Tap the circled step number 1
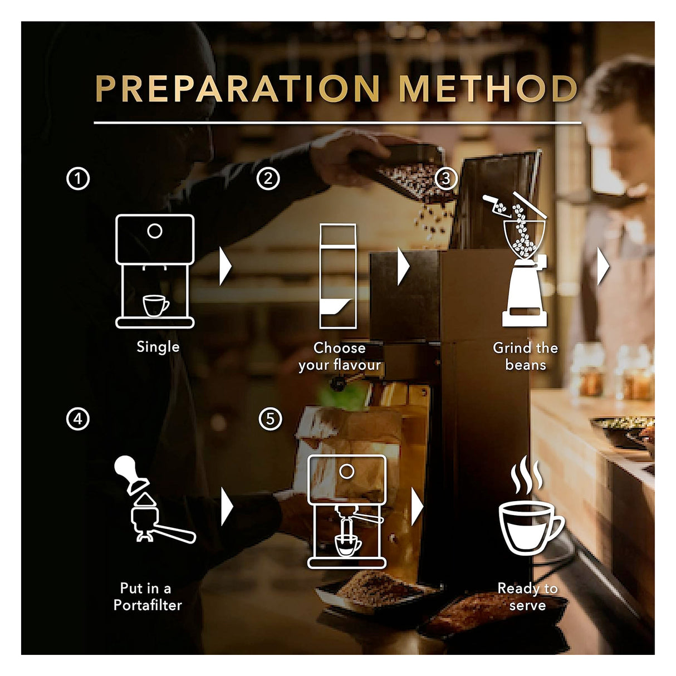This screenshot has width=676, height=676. pos(78,179)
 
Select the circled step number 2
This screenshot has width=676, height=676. pos(268,179)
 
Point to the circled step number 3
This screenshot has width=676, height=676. pos(445,179)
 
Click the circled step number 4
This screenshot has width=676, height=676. pos(78,418)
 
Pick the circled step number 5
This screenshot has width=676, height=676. pos(271,418)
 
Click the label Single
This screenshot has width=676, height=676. pos(158,347)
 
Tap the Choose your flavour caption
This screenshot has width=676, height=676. pos(340,356)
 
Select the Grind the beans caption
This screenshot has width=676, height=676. pos(525,356)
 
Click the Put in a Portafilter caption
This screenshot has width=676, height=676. pos(148,596)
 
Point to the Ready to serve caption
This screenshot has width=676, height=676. pos(527,596)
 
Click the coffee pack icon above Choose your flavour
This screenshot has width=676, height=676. pos(338,277)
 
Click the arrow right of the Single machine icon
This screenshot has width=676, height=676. pos(225,267)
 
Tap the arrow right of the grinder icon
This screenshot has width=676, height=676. pos(603,267)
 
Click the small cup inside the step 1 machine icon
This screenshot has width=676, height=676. pos(156,305)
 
